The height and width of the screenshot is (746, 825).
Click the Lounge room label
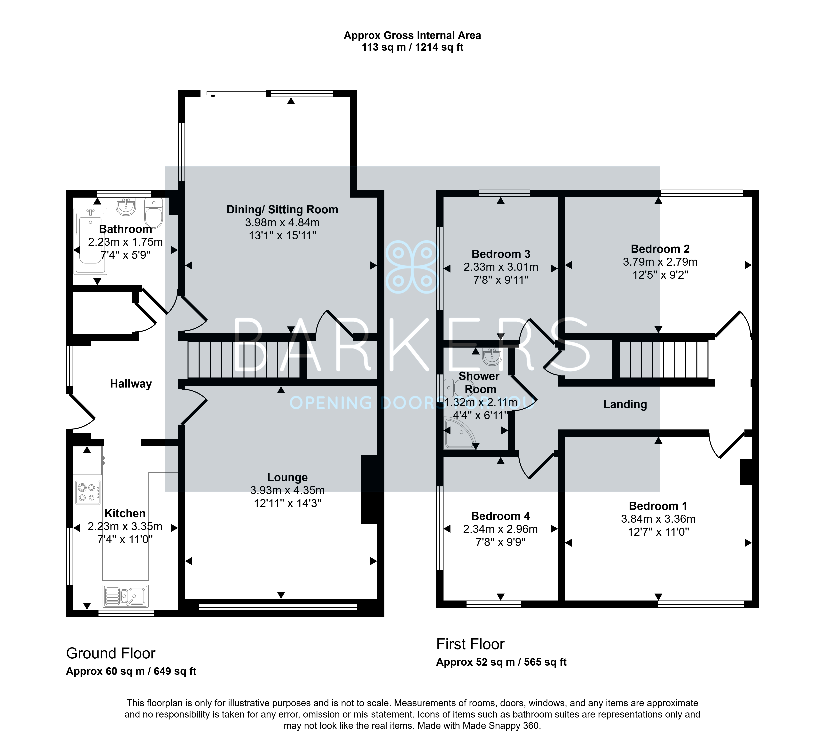tap(287, 477)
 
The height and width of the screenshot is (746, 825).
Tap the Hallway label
tap(131, 384)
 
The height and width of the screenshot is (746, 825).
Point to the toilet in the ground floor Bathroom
tap(153, 213)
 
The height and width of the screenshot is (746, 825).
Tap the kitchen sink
tap(126, 596)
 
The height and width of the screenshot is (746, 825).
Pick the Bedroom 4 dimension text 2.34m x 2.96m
tap(500, 529)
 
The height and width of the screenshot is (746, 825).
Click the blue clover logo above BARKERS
tap(412, 267)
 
